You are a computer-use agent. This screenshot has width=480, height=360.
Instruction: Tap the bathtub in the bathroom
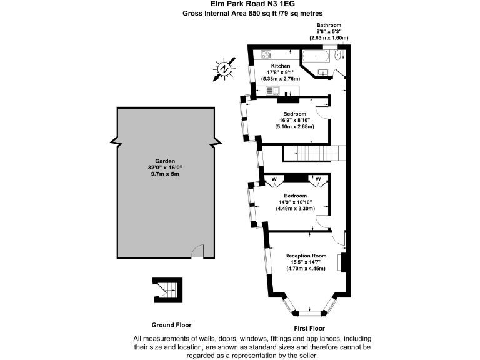pyautogui.click(x=317, y=56)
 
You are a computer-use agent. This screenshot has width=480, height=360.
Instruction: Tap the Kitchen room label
pyautogui.click(x=279, y=66)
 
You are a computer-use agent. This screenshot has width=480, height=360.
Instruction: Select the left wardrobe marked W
pyautogui.click(x=272, y=179)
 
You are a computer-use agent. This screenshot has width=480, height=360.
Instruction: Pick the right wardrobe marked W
pyautogui.click(x=317, y=179)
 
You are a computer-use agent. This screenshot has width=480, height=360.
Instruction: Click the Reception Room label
pyautogui.click(x=306, y=256)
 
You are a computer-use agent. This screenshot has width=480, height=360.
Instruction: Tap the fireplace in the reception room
pyautogui.click(x=341, y=262)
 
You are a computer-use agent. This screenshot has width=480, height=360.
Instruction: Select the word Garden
pyautogui.click(x=166, y=160)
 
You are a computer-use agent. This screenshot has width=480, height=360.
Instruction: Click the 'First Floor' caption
pyautogui.click(x=309, y=328)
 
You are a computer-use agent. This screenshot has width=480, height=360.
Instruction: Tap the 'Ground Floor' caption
pyautogui.click(x=171, y=325)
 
